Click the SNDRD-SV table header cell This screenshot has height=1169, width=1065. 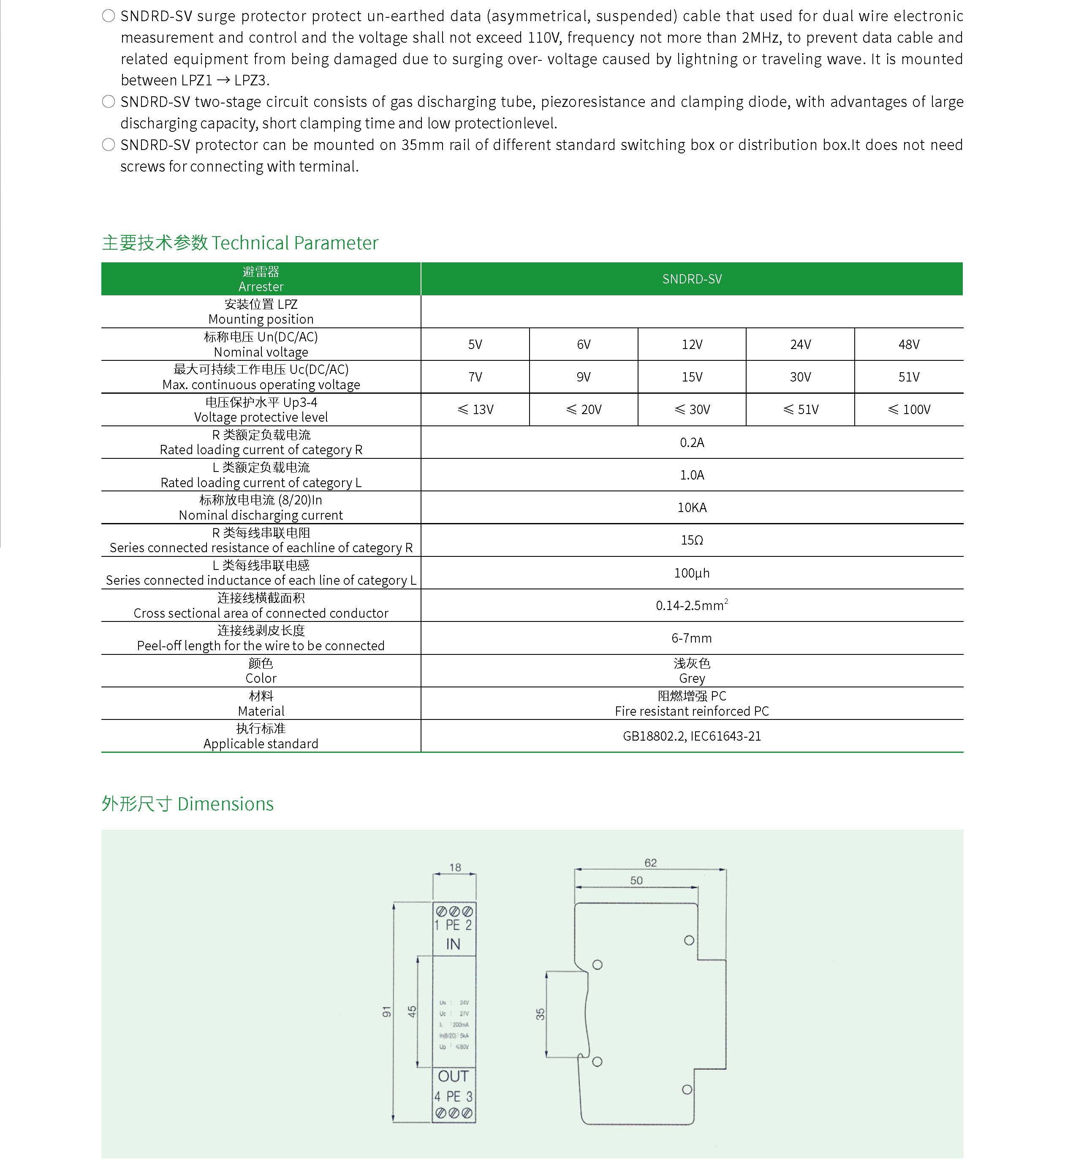pos(692,279)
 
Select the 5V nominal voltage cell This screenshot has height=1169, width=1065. pos(475,344)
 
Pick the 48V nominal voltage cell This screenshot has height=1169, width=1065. pos(908,344)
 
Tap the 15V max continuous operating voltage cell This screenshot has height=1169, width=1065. pos(692,377)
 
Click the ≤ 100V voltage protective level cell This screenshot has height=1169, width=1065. pos(908,409)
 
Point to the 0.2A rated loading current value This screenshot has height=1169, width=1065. pos(692,442)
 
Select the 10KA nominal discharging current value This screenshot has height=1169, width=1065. pos(692,507)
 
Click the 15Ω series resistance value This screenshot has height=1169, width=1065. pos(692,540)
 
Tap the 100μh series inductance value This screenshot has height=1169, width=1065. pos(692,573)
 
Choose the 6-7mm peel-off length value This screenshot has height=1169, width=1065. pos(692,638)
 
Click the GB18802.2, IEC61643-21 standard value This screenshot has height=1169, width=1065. pos(692,736)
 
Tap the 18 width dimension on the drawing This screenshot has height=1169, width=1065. pos(455,867)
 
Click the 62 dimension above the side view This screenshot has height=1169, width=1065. pos(650,863)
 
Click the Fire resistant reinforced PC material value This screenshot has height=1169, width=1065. pos(692,711)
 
